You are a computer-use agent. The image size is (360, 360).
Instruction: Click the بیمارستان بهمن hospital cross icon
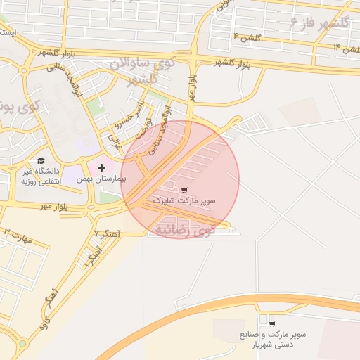click(102, 167)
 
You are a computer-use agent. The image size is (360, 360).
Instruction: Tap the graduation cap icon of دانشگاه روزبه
click(41, 160)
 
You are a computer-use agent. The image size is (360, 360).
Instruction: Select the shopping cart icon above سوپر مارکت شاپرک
click(184, 191)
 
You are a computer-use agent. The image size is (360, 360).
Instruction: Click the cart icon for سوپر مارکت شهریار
click(272, 324)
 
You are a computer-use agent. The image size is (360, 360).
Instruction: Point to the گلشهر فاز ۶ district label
click(319, 23)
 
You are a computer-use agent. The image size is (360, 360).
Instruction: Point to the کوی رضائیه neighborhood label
click(185, 230)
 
